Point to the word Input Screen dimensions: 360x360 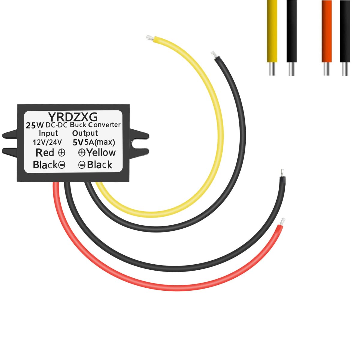coord(48,133)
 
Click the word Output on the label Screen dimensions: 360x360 coord(85,133)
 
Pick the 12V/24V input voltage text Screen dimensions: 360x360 coord(47,142)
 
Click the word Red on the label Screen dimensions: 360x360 coord(45,153)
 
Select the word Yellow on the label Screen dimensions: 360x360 coord(101,153)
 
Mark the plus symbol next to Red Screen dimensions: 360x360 coord(61,153)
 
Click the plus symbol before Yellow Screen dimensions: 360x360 coord(82,153)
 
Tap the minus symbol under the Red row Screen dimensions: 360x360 coord(61,165)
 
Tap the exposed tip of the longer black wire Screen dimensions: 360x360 coord(281,174)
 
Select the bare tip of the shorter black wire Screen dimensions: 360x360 coord(214,54)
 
